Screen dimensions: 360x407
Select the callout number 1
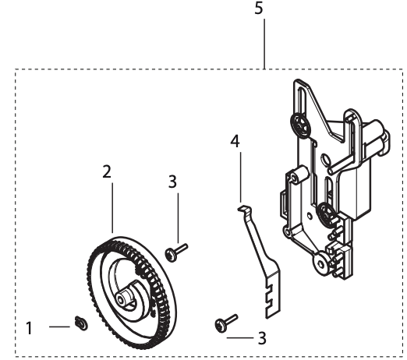[30, 328]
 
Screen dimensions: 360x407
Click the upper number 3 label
[173, 181]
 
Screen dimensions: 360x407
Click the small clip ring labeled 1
[80, 322]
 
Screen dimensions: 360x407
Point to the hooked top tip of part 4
[242, 207]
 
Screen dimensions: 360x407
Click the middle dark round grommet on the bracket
[326, 210]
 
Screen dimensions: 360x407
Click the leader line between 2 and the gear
[111, 206]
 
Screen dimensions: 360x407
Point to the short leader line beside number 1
[58, 327]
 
